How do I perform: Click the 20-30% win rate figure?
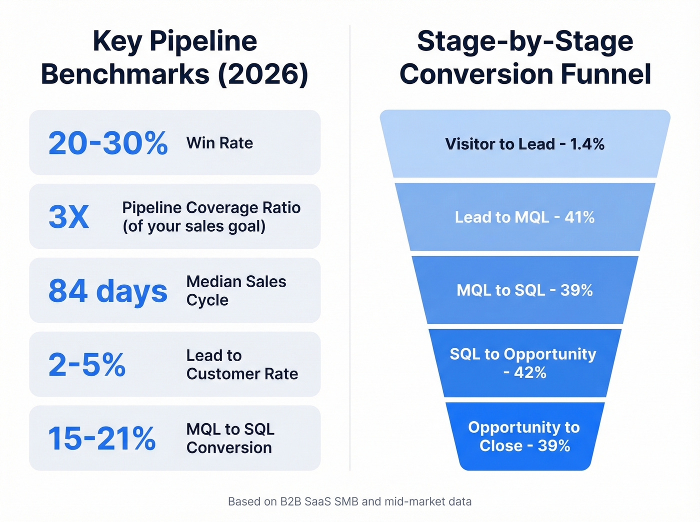(x=108, y=143)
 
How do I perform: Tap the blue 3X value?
(x=69, y=217)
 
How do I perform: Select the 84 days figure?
(x=108, y=291)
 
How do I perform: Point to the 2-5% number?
(x=87, y=365)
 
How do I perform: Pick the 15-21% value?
(x=102, y=439)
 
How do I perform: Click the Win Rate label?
(x=219, y=143)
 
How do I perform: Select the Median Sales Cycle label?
(x=236, y=291)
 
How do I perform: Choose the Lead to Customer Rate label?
(x=242, y=365)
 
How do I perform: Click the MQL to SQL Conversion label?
(x=230, y=439)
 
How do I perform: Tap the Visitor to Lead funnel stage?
(x=525, y=144)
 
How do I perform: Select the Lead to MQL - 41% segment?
(x=525, y=217)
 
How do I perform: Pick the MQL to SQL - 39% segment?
(x=525, y=290)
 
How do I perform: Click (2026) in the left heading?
(x=263, y=74)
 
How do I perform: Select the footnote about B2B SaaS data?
(x=349, y=502)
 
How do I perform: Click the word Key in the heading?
(x=117, y=41)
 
